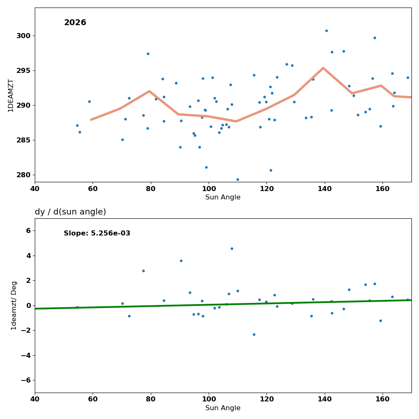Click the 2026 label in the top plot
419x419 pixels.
click(75, 23)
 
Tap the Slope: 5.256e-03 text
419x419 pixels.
click(97, 233)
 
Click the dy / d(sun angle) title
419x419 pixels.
click(70, 212)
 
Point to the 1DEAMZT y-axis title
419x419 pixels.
click(11, 95)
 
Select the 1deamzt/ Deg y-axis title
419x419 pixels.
click(14, 305)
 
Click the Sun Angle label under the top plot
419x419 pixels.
click(223, 197)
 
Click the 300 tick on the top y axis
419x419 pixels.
click(23, 36)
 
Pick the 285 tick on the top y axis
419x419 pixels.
click(23, 140)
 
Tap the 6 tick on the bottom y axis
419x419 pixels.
click(28, 230)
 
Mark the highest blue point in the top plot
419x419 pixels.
click(326, 31)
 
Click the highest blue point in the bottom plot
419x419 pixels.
click(232, 248)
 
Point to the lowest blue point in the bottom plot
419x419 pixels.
click(254, 334)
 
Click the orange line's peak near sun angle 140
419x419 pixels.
click(323, 68)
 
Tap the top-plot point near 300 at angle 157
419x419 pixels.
click(375, 38)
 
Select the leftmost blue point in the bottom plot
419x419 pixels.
click(77, 307)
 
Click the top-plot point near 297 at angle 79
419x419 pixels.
click(148, 54)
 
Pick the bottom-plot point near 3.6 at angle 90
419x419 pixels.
click(181, 261)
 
